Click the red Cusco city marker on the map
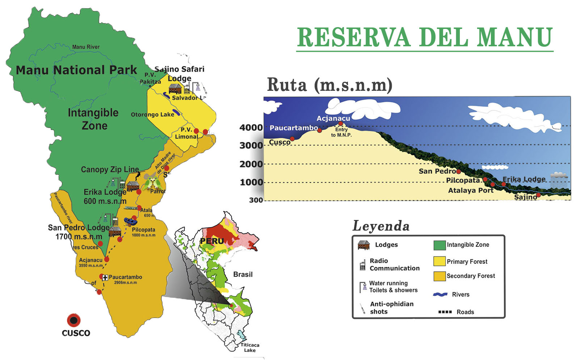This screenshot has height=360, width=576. (73, 320)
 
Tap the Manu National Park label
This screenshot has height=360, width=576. (76, 70)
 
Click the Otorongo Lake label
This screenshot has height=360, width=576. (152, 115)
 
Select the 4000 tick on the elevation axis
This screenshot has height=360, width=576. (251, 127)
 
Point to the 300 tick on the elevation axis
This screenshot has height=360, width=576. (256, 200)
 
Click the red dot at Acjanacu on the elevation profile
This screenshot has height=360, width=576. (340, 124)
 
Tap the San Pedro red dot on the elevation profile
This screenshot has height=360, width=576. (458, 171)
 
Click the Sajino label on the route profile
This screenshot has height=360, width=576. (525, 197)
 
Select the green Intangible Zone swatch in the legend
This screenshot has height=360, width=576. (439, 245)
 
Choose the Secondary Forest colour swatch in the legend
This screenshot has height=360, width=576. (439, 276)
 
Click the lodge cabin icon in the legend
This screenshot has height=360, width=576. (363, 245)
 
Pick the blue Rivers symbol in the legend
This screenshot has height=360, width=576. (440, 295)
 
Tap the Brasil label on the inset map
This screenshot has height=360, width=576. (243, 274)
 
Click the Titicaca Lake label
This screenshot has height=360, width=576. (250, 347)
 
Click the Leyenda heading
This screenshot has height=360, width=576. (381, 226)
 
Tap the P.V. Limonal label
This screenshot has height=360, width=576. (186, 133)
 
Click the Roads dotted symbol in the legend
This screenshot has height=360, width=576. (445, 312)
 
